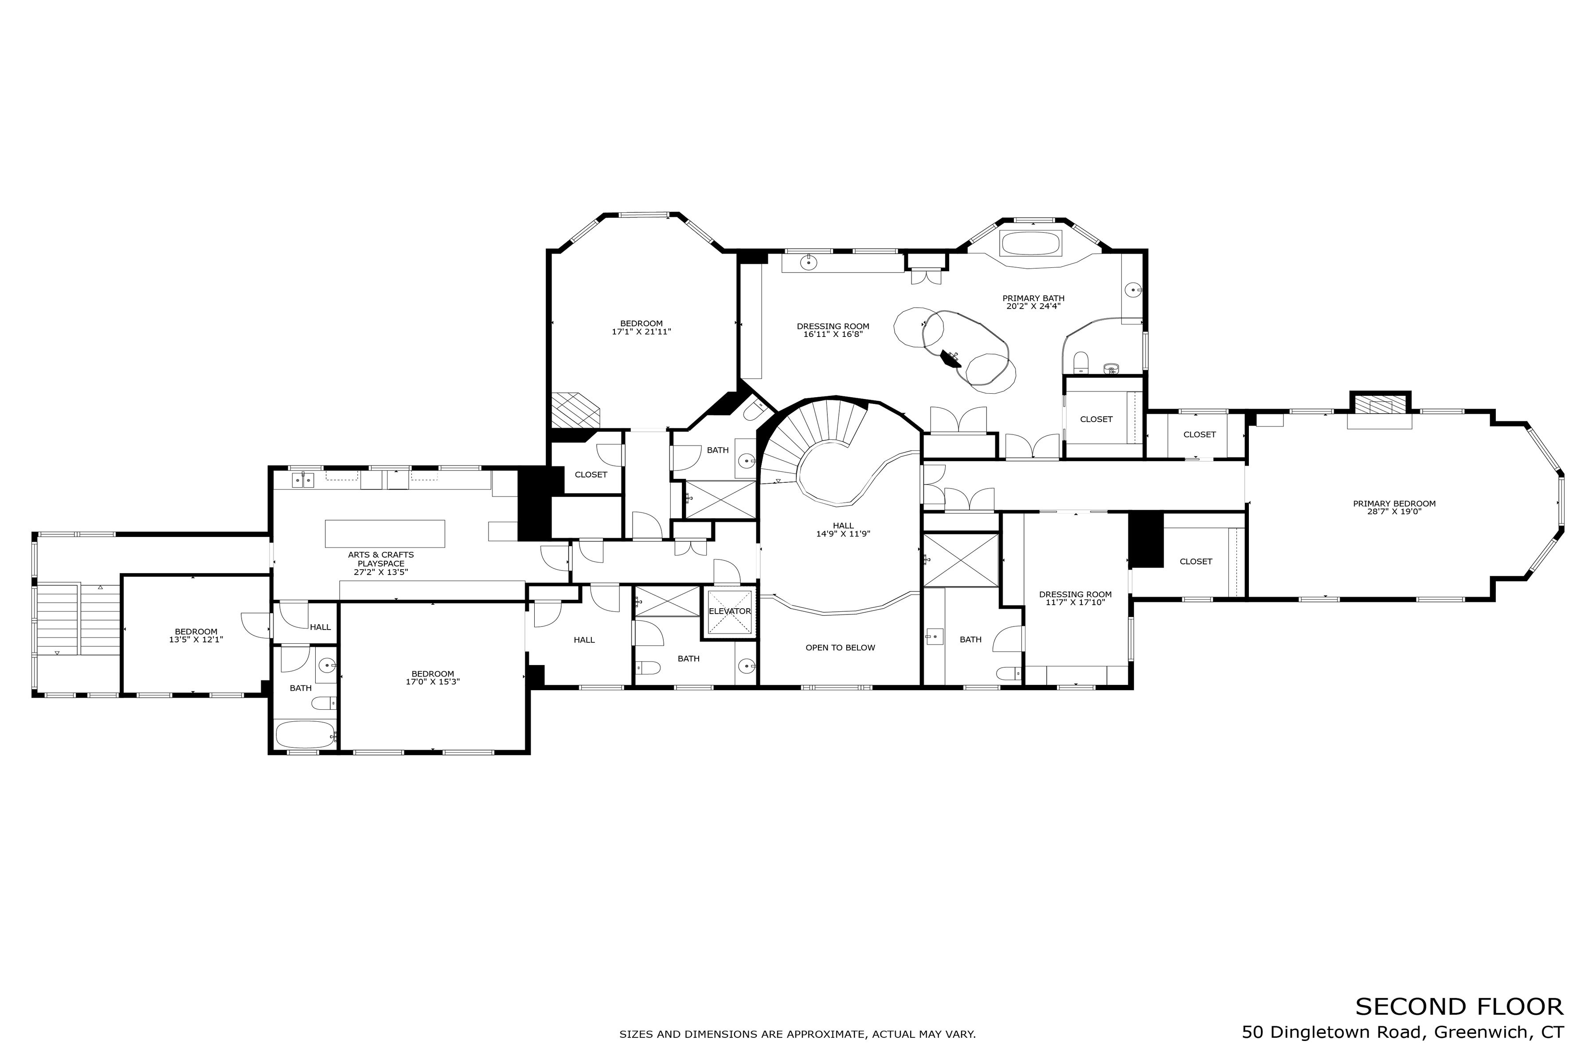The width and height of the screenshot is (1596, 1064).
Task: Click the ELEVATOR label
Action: [x=730, y=611]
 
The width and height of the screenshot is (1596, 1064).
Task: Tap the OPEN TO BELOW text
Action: [x=840, y=647]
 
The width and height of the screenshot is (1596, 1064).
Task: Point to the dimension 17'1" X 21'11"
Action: [x=641, y=332]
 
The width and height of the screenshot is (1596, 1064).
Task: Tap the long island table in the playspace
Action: [x=385, y=533]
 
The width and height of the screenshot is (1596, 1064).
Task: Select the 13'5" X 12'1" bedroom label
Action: [x=196, y=636]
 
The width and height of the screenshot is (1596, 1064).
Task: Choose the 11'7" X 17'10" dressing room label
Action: [x=1076, y=598]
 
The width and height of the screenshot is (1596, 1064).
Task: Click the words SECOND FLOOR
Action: [x=1459, y=1006]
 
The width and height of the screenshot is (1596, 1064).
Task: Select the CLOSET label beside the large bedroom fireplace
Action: [x=591, y=474]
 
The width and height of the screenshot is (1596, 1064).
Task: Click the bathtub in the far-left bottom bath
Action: [x=305, y=734]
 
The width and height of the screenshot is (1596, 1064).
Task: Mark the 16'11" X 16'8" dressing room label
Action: [x=833, y=330]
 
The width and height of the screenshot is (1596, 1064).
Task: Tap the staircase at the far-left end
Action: [x=59, y=618]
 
